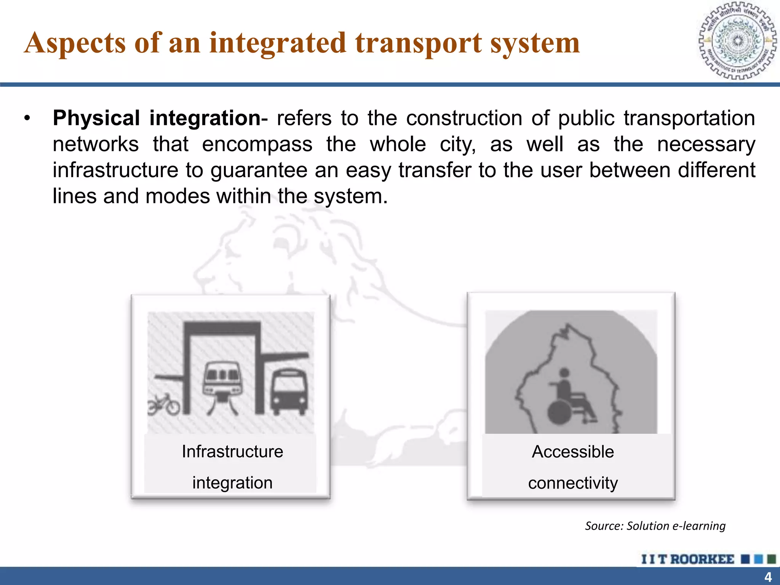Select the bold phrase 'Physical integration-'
point(160,118)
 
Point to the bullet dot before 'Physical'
point(27,118)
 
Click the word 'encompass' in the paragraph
point(257,144)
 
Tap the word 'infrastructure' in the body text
point(115,170)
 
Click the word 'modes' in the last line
point(177,196)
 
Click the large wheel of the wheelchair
point(559,412)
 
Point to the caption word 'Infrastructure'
point(232,452)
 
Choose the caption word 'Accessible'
point(573,452)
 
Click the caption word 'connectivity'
point(573,483)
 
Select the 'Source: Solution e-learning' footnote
point(655,526)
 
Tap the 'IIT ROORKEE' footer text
point(687,559)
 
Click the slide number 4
point(768,577)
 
